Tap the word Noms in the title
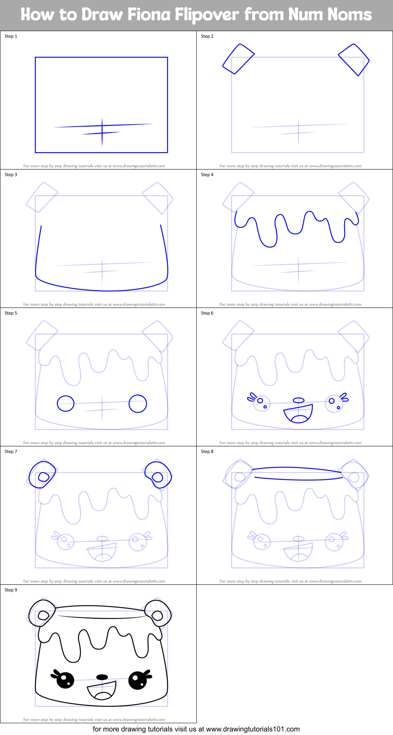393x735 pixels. coord(349,15)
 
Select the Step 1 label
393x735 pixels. coord(11,36)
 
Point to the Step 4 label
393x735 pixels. coord(207,175)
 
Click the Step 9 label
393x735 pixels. coord(11,590)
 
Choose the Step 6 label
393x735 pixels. coord(207,313)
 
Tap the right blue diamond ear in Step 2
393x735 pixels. coord(354,60)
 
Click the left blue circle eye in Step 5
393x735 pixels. coord(66,403)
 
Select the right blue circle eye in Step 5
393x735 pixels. coord(138,403)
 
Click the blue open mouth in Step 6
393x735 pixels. coord(299,414)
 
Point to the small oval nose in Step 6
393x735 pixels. coord(299,400)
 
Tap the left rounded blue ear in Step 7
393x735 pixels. coord(42,474)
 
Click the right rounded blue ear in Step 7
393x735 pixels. coord(158,474)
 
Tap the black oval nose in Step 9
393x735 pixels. coord(102,677)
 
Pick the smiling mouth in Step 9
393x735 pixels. coord(102,691)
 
